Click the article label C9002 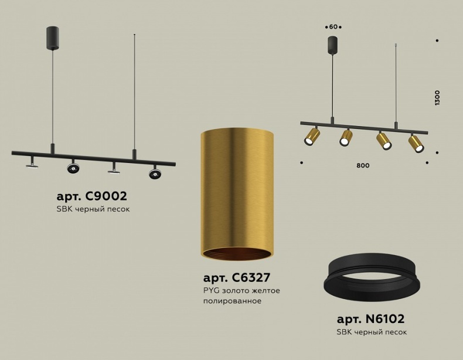tap(91, 196)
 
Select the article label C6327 tap(236, 278)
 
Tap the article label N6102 tap(370, 319)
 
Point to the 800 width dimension tap(363, 165)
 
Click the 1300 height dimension tap(437, 97)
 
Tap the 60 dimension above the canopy tap(333, 27)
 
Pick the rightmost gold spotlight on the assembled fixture tap(416, 144)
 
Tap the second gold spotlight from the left tap(346, 138)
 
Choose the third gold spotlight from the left tap(383, 141)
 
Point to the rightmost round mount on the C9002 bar tap(154, 173)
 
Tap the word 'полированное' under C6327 tap(232, 301)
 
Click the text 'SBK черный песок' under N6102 tap(372, 332)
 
